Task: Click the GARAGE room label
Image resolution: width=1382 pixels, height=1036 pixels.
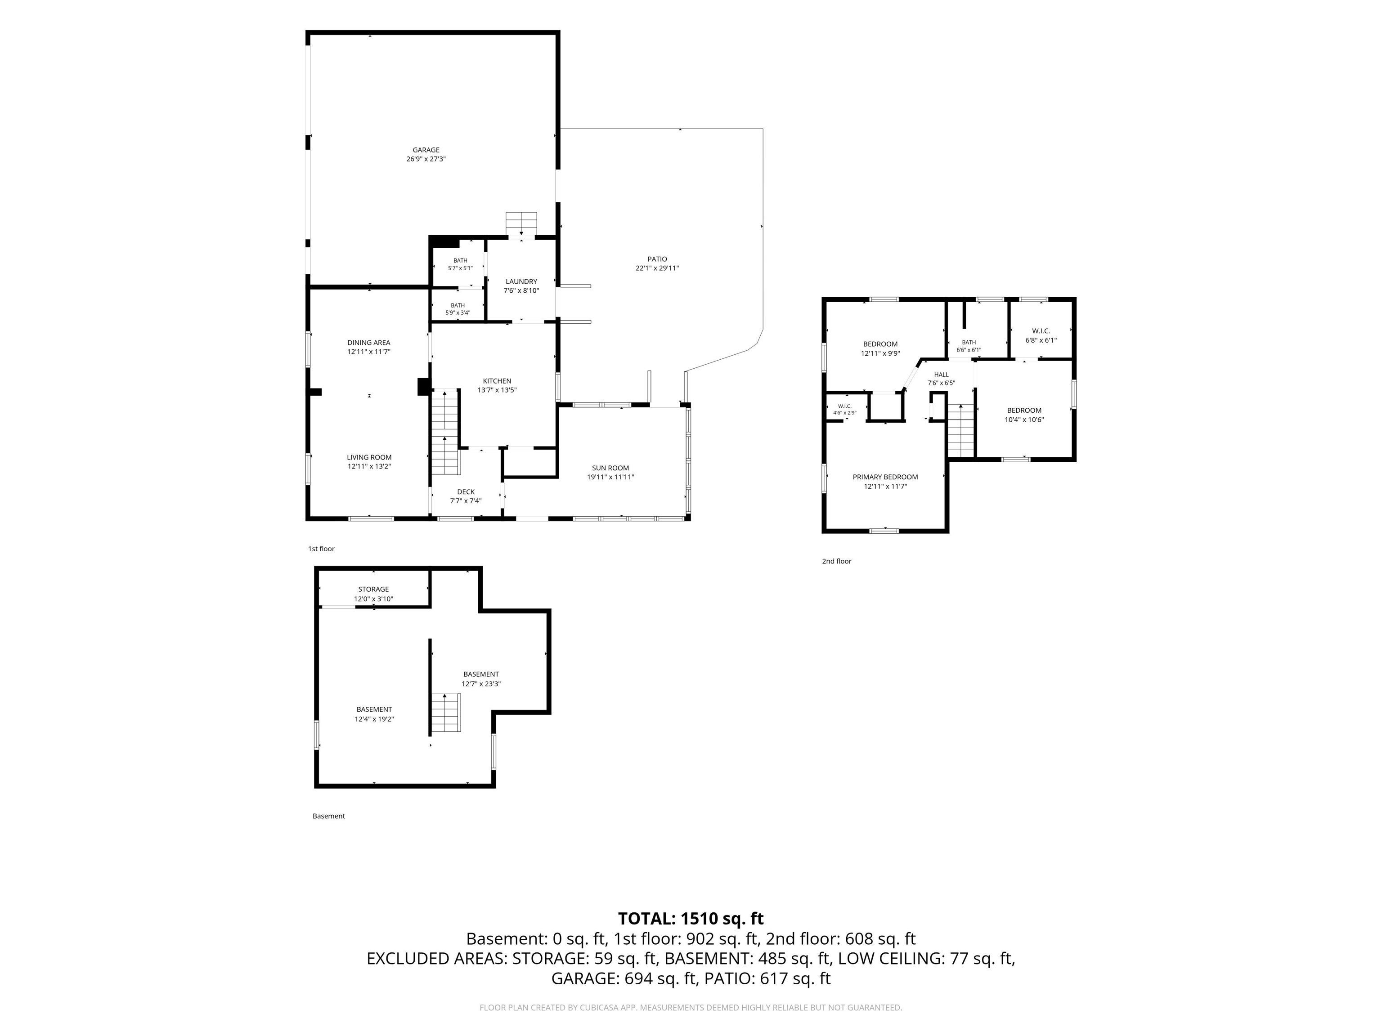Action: [x=426, y=150]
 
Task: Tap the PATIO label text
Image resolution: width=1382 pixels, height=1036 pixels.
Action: [x=657, y=259]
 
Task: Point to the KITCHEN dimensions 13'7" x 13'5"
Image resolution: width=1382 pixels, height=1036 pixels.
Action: [x=497, y=390]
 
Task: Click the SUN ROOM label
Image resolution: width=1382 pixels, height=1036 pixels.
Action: [x=610, y=468]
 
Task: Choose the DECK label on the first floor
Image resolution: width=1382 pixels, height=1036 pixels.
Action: [x=466, y=492]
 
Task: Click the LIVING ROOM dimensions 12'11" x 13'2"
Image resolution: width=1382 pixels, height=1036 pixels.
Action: [x=369, y=466]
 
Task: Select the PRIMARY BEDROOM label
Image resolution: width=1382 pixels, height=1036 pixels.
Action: [x=885, y=477]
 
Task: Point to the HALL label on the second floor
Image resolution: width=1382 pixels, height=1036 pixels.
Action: [x=942, y=375]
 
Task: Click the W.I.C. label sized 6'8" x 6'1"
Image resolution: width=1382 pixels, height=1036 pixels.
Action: [x=1041, y=331]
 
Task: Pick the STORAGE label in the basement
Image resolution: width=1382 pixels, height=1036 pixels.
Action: [x=373, y=589]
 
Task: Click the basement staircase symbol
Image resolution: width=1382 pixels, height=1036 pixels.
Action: [x=445, y=713]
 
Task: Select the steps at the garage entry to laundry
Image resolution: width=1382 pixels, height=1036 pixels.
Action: [x=521, y=225]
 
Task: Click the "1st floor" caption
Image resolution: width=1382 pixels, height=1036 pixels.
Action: [x=321, y=549]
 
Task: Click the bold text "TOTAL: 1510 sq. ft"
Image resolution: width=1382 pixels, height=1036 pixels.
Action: [x=691, y=919]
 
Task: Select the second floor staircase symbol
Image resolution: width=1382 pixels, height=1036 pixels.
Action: [x=961, y=431]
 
